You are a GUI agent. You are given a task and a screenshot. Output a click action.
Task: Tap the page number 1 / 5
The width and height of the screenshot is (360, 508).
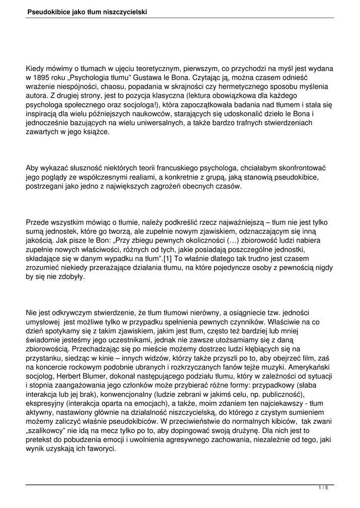tap(323, 488)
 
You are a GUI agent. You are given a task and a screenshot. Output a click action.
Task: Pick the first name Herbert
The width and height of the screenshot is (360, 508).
tap(68, 375)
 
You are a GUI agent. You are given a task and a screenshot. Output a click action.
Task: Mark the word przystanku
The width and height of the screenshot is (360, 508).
tap(45, 357)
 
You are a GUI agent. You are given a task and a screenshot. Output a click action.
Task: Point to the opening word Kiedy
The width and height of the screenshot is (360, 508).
tap(37, 68)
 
